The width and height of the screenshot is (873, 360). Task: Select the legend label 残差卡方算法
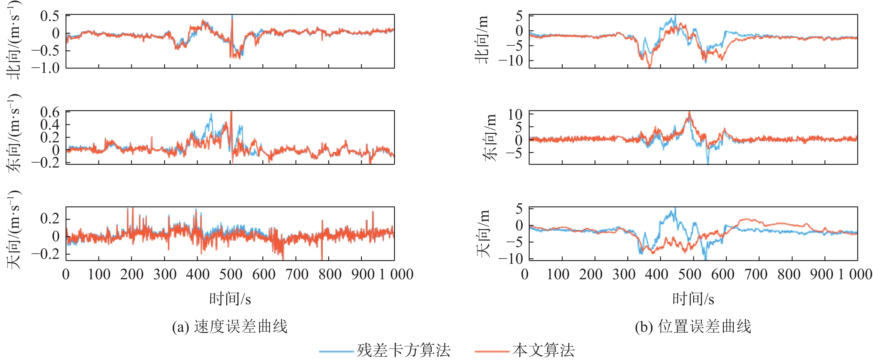pyautogui.click(x=403, y=351)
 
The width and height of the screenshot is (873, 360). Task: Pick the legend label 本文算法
pyautogui.click(x=543, y=351)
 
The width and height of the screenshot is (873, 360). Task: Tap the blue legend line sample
pyautogui.click(x=336, y=352)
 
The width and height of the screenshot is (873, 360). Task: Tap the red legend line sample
pyautogui.click(x=492, y=352)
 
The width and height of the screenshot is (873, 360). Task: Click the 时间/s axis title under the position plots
pyautogui.click(x=693, y=299)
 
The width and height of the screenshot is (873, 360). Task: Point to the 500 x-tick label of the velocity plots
pyautogui.click(x=231, y=274)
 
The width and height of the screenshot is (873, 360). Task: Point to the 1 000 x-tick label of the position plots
pyautogui.click(x=855, y=274)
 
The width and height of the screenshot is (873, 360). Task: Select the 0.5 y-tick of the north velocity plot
pyautogui.click(x=49, y=16)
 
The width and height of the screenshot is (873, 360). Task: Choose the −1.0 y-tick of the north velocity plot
pyautogui.click(x=46, y=68)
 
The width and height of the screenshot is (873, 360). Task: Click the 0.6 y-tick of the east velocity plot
pyautogui.click(x=49, y=112)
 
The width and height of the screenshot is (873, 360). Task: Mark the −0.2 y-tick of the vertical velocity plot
pyautogui.click(x=46, y=253)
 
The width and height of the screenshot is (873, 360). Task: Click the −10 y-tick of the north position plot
pyautogui.click(x=511, y=61)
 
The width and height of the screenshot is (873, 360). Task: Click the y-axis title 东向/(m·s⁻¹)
pyautogui.click(x=14, y=133)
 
